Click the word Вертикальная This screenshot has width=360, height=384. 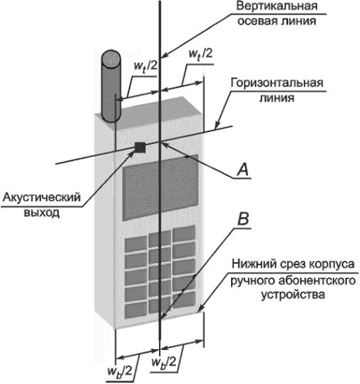(x=277, y=6)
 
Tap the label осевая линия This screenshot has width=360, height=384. (x=277, y=21)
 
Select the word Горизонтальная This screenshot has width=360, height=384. (x=277, y=84)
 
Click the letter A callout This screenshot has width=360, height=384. (x=242, y=170)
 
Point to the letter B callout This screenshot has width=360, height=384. (x=243, y=218)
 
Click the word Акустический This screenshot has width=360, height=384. (x=41, y=198)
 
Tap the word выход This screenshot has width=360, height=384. (x=41, y=212)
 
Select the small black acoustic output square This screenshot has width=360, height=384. (x=140, y=147)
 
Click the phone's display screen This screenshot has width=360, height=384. (x=160, y=187)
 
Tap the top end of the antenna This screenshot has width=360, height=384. (x=111, y=58)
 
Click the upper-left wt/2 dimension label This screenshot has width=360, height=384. (x=145, y=66)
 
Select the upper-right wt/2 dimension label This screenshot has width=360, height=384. (x=200, y=54)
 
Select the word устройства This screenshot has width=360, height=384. (x=293, y=295)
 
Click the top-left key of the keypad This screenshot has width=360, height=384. (x=136, y=244)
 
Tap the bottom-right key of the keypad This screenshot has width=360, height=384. (x=184, y=300)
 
